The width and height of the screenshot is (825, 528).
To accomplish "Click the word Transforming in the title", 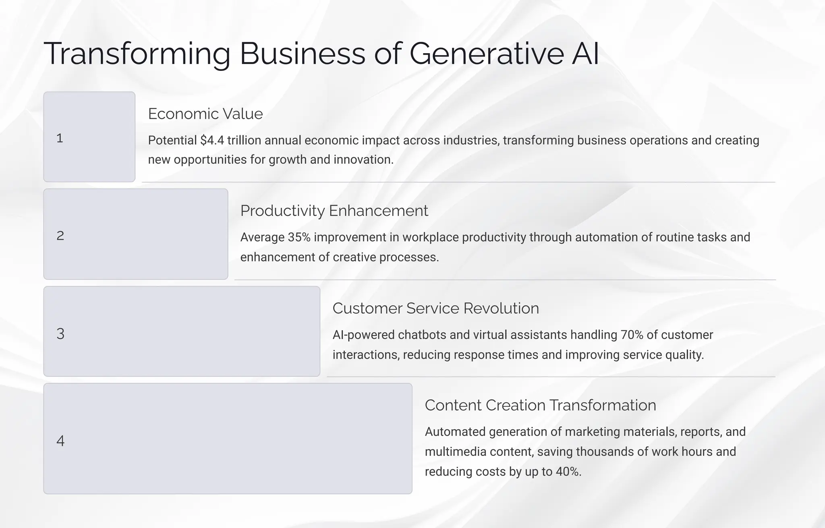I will pos(137,54).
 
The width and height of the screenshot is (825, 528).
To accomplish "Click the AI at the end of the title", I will pos(585,54).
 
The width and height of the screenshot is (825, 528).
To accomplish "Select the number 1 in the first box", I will pos(60,138).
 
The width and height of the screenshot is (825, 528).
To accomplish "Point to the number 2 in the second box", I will pos(60,236).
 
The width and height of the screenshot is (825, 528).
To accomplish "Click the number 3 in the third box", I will pos(60,334).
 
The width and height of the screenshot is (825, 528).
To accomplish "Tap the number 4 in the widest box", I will pos(60,441).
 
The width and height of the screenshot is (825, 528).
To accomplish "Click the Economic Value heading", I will pos(205,114).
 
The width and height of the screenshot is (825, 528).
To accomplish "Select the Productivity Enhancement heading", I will pos(334,211).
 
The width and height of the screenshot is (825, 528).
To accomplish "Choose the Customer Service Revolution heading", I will pos(435,309).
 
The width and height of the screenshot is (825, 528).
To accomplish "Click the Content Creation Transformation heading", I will pos(540,405).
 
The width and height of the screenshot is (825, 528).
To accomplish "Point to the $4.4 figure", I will pos(212,141).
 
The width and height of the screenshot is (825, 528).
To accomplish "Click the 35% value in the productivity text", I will pos(299,238).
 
